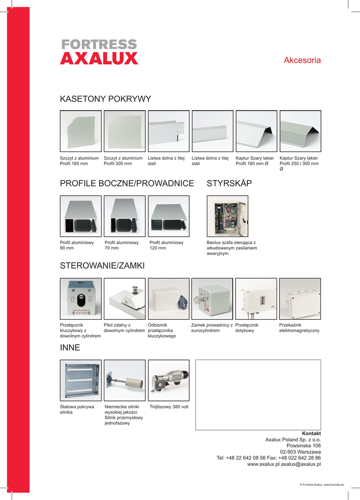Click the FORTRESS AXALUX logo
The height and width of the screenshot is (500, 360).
pos(99,52)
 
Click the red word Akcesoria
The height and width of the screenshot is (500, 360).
pos(302,61)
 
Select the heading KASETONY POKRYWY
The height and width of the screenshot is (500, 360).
pos(105,99)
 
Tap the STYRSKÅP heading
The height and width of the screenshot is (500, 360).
pos(229,184)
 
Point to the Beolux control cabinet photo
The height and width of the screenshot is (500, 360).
pos(227,216)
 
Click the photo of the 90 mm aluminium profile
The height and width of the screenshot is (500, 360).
pos(80,216)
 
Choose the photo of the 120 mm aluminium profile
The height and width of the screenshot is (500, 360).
pos(168,216)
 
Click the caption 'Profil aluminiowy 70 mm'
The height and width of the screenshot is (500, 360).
pos(121,245)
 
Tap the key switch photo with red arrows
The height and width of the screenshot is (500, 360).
pos(80,298)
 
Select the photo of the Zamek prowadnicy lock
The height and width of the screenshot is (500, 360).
pos(212,298)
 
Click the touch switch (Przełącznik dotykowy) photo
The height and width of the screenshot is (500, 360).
pos(256,298)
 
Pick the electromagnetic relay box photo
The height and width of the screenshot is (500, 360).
pos(300,298)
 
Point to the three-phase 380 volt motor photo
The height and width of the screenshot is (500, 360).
pos(168,380)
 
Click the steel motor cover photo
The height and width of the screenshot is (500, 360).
pos(80,380)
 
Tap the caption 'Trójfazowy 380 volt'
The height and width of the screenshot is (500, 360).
pos(169,407)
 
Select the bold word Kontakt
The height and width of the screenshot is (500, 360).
pos(311,434)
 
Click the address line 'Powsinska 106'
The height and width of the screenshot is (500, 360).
pos(303,446)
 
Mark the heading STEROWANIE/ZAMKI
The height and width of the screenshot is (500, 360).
pos(102,266)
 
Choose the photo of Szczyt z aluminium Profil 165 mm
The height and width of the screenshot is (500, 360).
pos(80,131)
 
